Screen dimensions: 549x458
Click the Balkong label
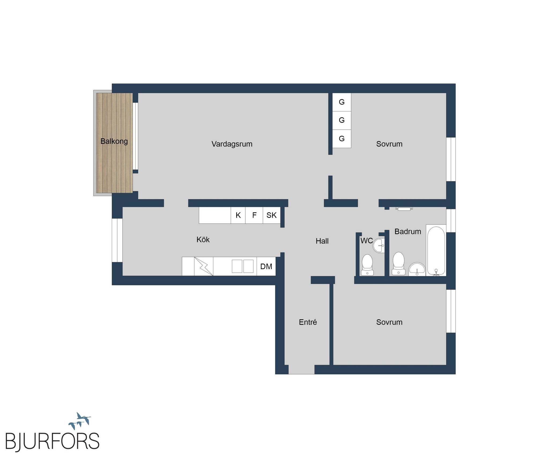[114, 141]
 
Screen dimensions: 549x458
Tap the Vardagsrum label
[232, 144]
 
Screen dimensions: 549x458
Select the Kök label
[203, 240]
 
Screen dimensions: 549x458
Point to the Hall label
[322, 241]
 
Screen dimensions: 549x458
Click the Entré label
[308, 322]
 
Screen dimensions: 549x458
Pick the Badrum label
[408, 232]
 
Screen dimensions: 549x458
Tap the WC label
[366, 241]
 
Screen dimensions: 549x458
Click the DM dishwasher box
[266, 266]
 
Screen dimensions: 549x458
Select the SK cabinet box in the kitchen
[272, 215]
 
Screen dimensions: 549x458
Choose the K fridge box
[238, 215]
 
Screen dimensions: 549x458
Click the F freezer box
[254, 215]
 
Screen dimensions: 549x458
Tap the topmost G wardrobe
[342, 102]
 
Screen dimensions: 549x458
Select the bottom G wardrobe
[342, 139]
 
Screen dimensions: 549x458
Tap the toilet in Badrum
[398, 263]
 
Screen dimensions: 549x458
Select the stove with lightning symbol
[204, 266]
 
